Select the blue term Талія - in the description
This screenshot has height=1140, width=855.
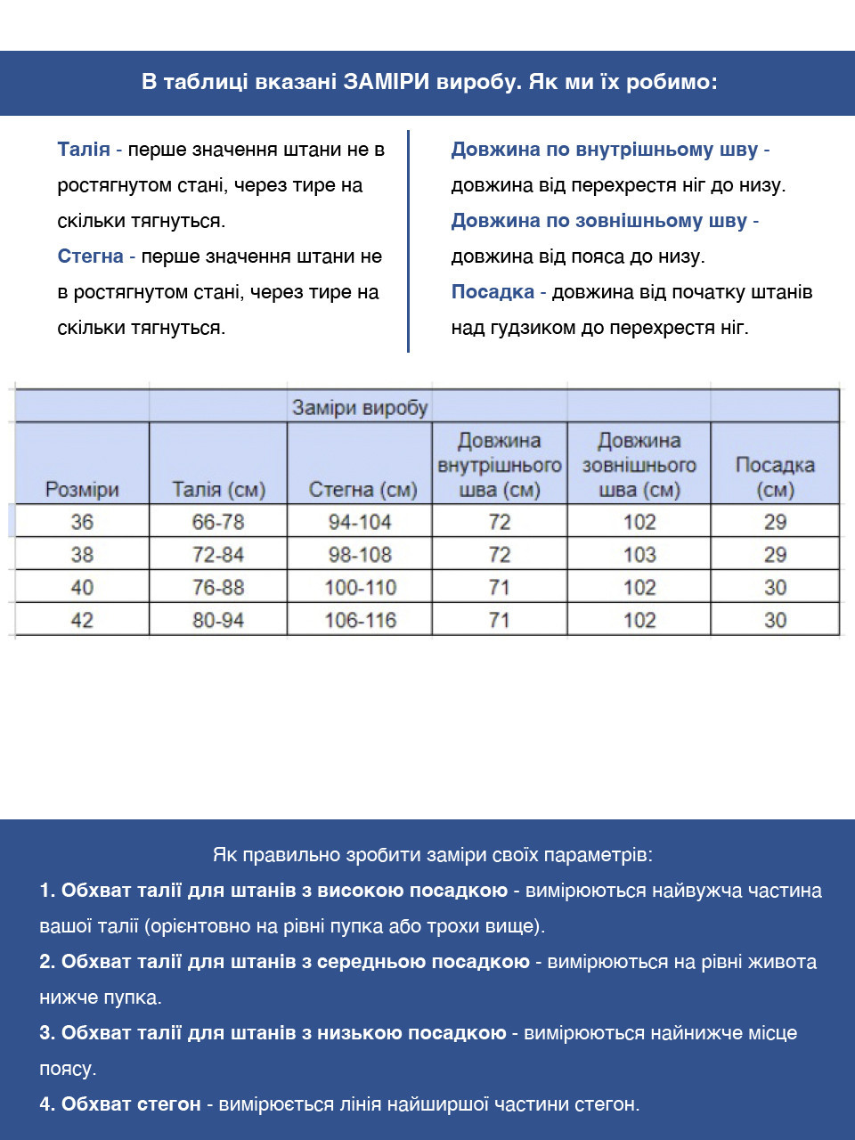(x=89, y=150)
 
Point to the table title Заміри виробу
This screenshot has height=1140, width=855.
(x=360, y=408)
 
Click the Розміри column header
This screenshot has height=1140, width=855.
(x=82, y=489)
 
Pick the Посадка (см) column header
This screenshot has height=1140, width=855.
(x=775, y=476)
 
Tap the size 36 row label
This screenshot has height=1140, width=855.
(x=82, y=522)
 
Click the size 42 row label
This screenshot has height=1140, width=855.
(x=82, y=620)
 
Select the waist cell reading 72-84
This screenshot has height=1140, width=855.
(x=218, y=555)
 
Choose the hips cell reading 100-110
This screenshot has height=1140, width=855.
(x=361, y=588)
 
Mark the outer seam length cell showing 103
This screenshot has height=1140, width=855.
(x=639, y=555)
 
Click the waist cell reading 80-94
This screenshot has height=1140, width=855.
(x=218, y=620)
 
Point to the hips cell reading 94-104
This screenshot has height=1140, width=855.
(x=360, y=522)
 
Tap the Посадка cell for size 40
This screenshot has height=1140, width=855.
(x=775, y=588)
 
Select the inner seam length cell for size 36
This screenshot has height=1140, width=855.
(x=500, y=522)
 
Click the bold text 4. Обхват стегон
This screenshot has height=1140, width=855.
(x=120, y=1104)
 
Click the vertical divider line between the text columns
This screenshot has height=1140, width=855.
(x=408, y=240)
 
